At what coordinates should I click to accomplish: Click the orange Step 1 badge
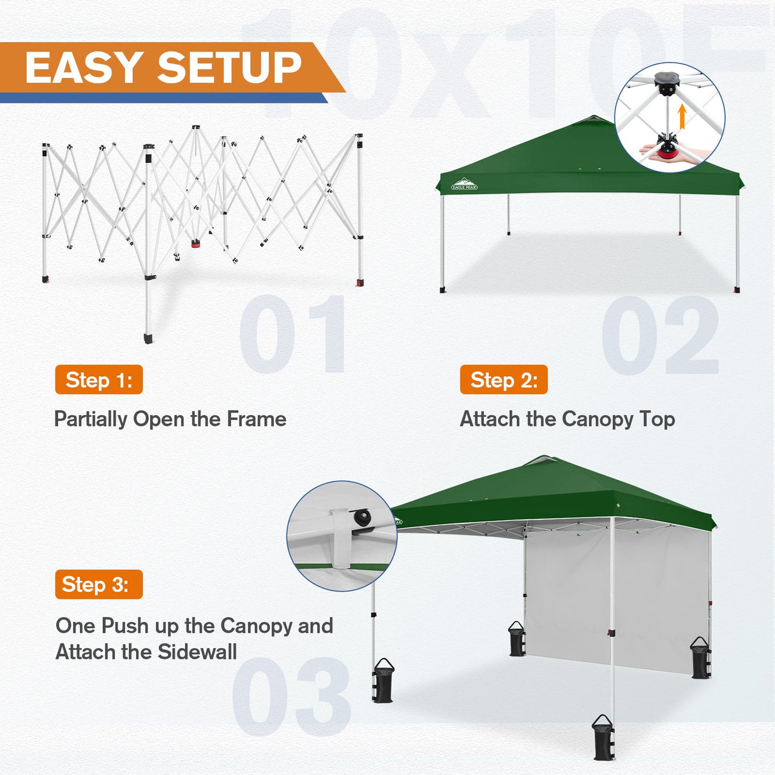pos(99,380)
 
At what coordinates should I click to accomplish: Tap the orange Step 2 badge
pos(504,380)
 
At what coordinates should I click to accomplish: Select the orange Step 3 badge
pos(99,584)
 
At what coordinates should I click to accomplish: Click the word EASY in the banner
pos(84,68)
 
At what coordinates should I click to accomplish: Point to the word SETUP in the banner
pos(229,68)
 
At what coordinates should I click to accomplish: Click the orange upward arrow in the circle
pos(682,117)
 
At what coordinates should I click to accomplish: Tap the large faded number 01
pos(294,335)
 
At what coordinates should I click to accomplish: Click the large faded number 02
pos(660,336)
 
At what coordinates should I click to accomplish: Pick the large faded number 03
pos(291,697)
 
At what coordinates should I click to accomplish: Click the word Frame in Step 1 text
pos(257,419)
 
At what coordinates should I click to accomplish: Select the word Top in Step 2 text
pos(657,419)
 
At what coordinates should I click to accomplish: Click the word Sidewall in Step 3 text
pos(197,652)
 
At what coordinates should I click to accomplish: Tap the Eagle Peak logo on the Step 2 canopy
pos(464,184)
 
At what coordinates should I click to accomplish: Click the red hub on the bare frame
pos(195,244)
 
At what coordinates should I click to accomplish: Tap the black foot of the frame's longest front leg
pos(149,337)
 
